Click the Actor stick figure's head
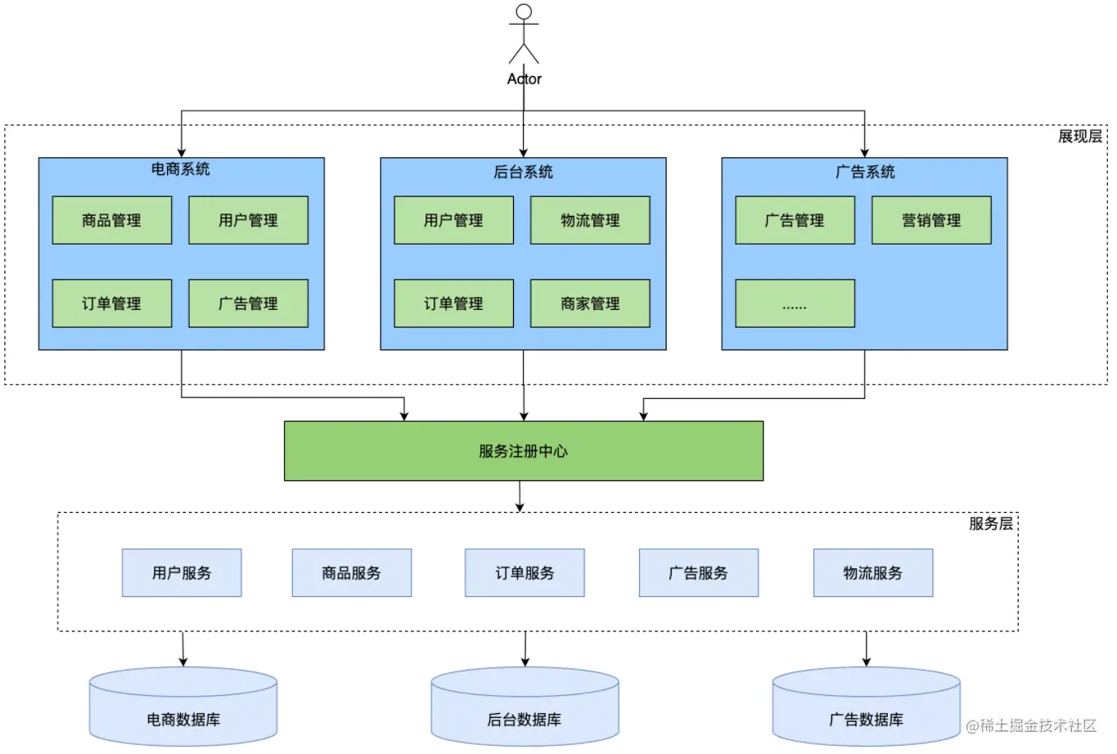tap(524, 12)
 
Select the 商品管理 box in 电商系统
tap(112, 220)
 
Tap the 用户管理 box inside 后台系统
tap(453, 220)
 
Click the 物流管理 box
tap(590, 220)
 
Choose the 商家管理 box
tap(590, 303)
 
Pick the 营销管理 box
tap(931, 220)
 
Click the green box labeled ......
tap(795, 303)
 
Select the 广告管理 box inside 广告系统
tap(795, 220)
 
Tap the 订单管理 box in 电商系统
tap(112, 303)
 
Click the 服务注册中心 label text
tap(523, 451)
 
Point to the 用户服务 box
tap(182, 572)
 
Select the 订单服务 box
tap(525, 572)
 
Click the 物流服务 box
tap(873, 572)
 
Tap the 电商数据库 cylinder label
tap(183, 720)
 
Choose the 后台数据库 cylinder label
tap(525, 720)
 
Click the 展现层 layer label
tap(1079, 137)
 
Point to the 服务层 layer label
tap(990, 523)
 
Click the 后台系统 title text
tap(523, 172)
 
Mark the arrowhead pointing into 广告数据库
tap(867, 662)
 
